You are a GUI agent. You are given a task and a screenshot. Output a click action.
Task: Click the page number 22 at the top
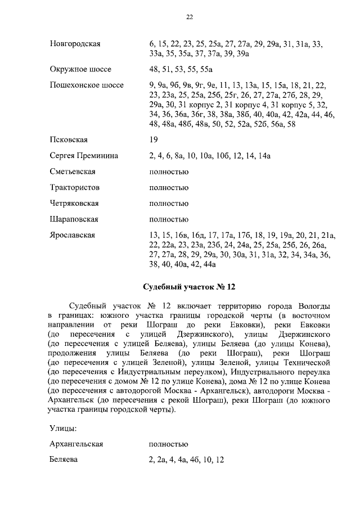point(190,17)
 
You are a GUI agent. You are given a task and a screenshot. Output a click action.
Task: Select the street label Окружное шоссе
point(80,70)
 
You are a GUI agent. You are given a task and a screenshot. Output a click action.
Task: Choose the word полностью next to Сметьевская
point(169,172)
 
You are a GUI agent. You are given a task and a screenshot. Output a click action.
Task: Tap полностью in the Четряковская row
point(169,203)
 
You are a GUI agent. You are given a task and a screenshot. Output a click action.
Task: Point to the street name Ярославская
point(73,235)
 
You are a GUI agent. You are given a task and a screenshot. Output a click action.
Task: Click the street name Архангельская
point(76,444)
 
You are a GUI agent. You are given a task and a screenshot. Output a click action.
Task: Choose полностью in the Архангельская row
point(169,444)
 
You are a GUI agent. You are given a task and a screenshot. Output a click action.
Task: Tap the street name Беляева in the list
point(64,460)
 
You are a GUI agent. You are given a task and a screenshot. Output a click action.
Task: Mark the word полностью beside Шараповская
point(169,219)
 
